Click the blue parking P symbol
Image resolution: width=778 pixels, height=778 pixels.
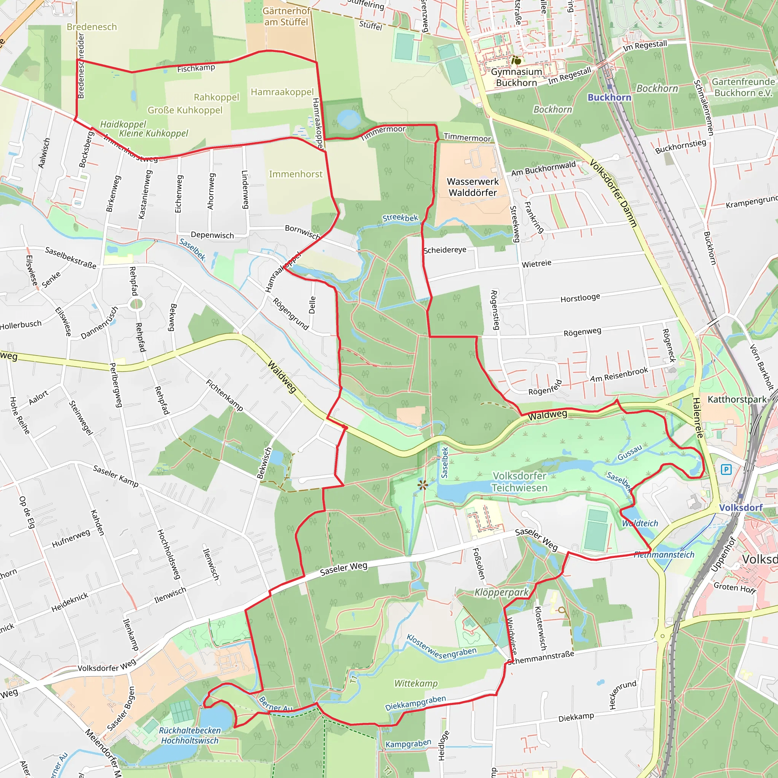(x=726, y=470)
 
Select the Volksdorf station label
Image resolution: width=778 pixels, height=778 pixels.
(x=740, y=508)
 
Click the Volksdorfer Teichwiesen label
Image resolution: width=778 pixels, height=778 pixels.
(x=519, y=482)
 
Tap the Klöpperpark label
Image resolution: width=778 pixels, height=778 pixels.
(x=501, y=592)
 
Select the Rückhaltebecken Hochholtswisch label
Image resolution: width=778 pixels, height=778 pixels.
(x=190, y=735)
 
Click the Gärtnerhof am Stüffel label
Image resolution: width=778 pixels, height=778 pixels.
(x=286, y=16)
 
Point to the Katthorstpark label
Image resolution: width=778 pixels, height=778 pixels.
(x=737, y=400)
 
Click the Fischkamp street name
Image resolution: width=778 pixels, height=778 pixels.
(x=196, y=68)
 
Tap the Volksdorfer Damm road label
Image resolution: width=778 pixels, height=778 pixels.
(x=613, y=193)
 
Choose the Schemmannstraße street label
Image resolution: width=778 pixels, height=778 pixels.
(x=541, y=658)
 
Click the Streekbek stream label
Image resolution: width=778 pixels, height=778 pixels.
(x=400, y=218)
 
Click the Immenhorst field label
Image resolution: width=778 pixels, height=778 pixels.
(x=296, y=174)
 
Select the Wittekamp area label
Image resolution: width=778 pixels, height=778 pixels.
(x=416, y=683)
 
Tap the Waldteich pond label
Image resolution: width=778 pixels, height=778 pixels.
(x=640, y=523)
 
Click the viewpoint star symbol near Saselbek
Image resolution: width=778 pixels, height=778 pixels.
(x=422, y=485)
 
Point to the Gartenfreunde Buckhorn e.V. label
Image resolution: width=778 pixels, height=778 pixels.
(x=743, y=87)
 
